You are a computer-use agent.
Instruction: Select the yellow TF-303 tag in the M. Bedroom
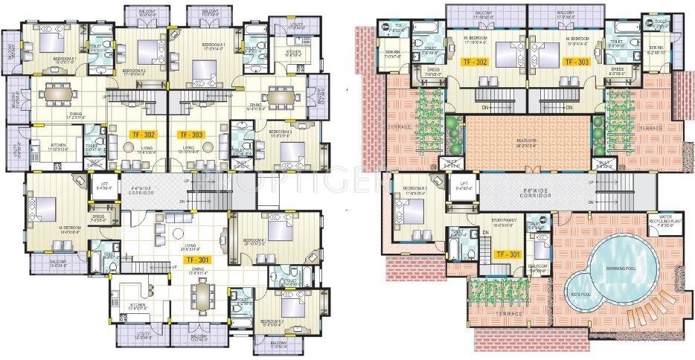[576, 62]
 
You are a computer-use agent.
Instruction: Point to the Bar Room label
[537, 270]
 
